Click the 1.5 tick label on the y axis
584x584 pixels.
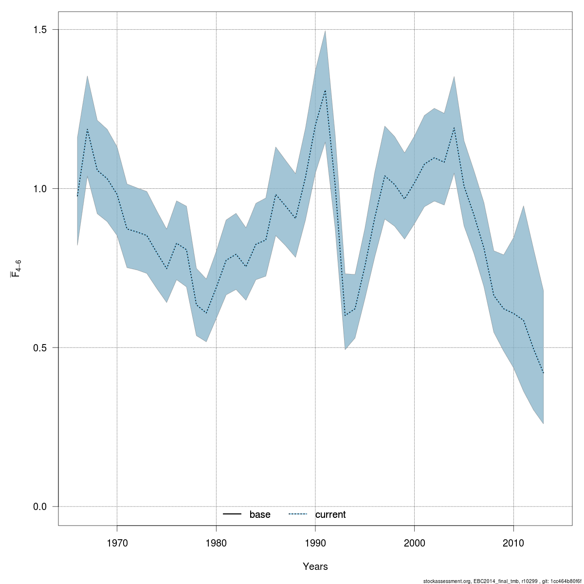tap(40, 30)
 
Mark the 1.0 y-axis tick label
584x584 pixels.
tap(40, 189)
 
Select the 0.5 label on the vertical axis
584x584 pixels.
tap(40, 348)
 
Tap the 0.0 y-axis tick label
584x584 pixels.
tap(40, 507)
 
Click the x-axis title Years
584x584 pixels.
tap(315, 566)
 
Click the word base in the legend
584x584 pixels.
tap(260, 515)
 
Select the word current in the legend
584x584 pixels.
tap(330, 515)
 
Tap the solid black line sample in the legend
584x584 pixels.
tap(232, 514)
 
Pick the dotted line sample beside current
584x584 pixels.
tap(298, 514)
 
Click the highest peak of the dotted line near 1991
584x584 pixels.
tap(325, 91)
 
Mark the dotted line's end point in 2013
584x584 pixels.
tap(543, 373)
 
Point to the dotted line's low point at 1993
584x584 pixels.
tap(345, 315)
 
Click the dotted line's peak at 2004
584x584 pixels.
tap(454, 128)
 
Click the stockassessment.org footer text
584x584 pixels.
tap(502, 581)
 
